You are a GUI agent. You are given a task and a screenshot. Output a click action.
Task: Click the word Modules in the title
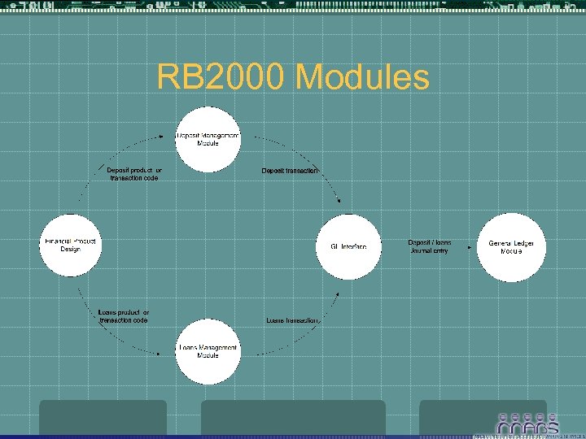pos(362,77)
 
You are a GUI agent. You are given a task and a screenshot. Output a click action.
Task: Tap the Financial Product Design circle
pos(72,246)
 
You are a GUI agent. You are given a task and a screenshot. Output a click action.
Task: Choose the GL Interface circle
pos(348,246)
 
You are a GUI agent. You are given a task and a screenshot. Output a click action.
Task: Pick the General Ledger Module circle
pos(511,247)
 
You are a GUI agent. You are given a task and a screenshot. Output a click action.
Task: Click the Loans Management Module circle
pos(208,351)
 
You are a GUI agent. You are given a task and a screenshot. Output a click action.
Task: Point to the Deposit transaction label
pos(290,171)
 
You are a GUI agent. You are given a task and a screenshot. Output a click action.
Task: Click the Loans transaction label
pos(293,320)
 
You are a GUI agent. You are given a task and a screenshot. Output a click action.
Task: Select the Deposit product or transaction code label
pos(134,174)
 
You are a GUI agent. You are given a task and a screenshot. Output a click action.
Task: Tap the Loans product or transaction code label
pos(123,316)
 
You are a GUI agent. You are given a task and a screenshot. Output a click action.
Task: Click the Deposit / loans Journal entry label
pos(429,247)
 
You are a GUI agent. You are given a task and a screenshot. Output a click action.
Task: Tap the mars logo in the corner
pos(527,423)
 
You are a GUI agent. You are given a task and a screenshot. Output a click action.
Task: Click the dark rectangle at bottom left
pos(103,418)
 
